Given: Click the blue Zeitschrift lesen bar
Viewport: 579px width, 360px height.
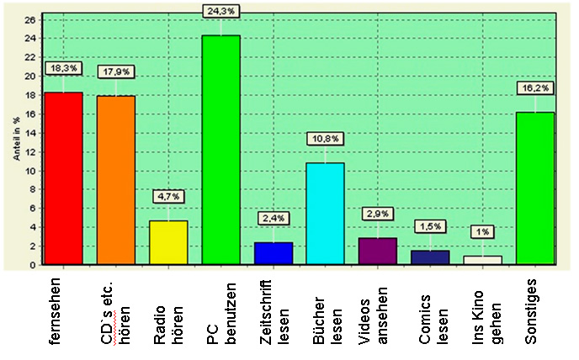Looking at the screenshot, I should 274,253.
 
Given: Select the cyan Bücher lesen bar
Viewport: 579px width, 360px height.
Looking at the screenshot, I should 326,214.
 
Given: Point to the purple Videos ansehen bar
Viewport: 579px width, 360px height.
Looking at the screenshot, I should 378,251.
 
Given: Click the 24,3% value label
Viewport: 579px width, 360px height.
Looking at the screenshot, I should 221,10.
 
